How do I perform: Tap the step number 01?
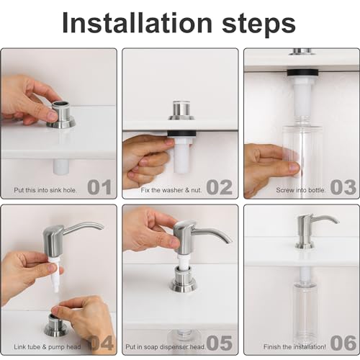point(100,187)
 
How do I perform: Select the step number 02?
point(220,187)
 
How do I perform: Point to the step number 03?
point(343,187)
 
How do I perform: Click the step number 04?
point(102,343)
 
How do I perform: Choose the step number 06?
point(343,343)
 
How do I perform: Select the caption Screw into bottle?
point(300,190)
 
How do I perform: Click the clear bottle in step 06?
point(305,310)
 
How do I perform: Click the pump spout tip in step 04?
point(100,228)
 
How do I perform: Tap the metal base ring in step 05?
point(183,283)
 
